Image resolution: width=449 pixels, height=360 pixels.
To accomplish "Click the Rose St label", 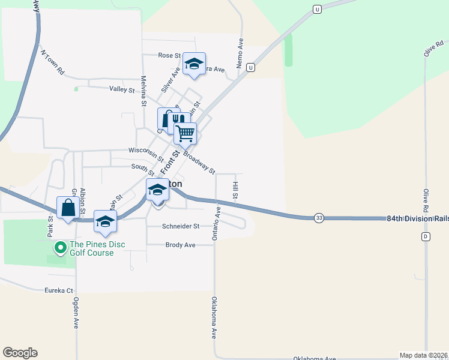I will [169, 55].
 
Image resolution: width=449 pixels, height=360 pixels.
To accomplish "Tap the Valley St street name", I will [122, 89].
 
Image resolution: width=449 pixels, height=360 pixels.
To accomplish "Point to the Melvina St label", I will [144, 91].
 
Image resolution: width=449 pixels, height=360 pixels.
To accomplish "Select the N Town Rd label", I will [52, 61].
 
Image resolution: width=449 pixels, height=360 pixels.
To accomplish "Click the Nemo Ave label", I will [240, 53].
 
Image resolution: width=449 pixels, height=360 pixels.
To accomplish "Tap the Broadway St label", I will [199, 163].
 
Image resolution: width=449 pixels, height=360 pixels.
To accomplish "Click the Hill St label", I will [235, 191].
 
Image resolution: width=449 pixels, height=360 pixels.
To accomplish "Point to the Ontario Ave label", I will [217, 224].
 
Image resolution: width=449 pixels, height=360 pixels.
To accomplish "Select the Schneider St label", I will [181, 226].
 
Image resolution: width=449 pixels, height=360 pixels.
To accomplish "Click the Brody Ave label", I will [181, 245].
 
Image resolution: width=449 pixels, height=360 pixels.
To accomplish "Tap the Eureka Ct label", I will [59, 290].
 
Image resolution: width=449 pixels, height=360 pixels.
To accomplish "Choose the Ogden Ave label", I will [77, 313].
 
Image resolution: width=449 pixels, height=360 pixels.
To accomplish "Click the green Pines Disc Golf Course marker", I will [60, 247].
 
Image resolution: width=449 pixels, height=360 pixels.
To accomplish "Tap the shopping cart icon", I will [185, 133].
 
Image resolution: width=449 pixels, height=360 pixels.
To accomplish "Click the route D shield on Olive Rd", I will [426, 236].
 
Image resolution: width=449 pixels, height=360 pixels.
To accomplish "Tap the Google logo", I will [20, 353].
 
